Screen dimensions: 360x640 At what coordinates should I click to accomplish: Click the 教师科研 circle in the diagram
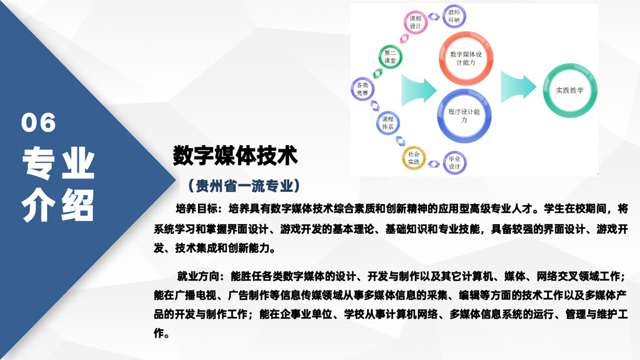[x=454, y=17]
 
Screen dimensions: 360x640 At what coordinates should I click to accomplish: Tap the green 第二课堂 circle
[x=390, y=57]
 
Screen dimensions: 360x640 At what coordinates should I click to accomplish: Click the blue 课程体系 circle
[x=387, y=123]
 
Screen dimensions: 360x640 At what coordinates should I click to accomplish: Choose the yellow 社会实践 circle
[x=413, y=158]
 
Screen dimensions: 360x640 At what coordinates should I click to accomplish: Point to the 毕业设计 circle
[x=454, y=162]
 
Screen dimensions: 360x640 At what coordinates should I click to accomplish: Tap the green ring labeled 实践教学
[x=569, y=91]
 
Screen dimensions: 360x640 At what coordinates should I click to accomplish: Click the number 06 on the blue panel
[x=39, y=123]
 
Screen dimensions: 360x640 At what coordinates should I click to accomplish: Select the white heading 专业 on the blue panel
[x=58, y=164]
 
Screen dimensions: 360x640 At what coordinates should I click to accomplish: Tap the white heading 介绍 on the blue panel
[x=58, y=205]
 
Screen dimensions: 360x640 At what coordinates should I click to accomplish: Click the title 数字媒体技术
[x=235, y=155]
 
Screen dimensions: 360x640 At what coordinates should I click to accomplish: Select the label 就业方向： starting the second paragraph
[x=199, y=277]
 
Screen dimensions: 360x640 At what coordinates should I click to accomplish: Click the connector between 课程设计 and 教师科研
[x=434, y=17]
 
